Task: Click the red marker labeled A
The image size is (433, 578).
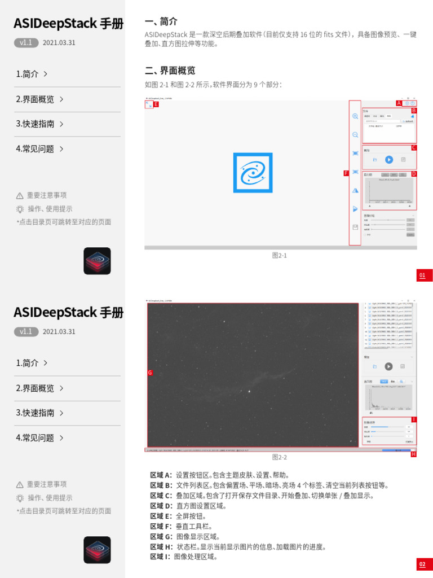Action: pyautogui.click(x=399, y=103)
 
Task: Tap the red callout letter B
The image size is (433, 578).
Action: pyautogui.click(x=413, y=111)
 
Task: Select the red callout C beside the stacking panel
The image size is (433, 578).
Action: pyautogui.click(x=413, y=148)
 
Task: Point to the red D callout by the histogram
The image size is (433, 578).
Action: pyautogui.click(x=413, y=173)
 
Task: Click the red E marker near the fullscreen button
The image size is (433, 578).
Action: pyautogui.click(x=156, y=104)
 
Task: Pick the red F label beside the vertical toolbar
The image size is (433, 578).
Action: pyautogui.click(x=346, y=173)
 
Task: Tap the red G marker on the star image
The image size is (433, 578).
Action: pyautogui.click(x=150, y=373)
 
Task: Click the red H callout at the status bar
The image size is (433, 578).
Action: pyautogui.click(x=413, y=454)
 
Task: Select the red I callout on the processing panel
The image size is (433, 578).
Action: pyautogui.click(x=413, y=419)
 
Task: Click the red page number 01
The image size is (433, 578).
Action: pyautogui.click(x=422, y=275)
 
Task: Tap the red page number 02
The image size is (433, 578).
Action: pyautogui.click(x=422, y=564)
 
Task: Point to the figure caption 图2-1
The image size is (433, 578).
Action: pyautogui.click(x=280, y=256)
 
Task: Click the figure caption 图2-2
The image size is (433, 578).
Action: pyautogui.click(x=280, y=457)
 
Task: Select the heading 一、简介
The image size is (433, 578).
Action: pyautogui.click(x=161, y=21)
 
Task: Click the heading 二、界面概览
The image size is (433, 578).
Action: pyautogui.click(x=170, y=71)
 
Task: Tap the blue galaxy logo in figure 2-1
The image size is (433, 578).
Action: pyautogui.click(x=253, y=173)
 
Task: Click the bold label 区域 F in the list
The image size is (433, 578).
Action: pyautogui.click(x=161, y=526)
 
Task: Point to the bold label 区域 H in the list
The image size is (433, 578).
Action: pyautogui.click(x=161, y=546)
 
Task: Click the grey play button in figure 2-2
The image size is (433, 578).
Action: pyautogui.click(x=388, y=366)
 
